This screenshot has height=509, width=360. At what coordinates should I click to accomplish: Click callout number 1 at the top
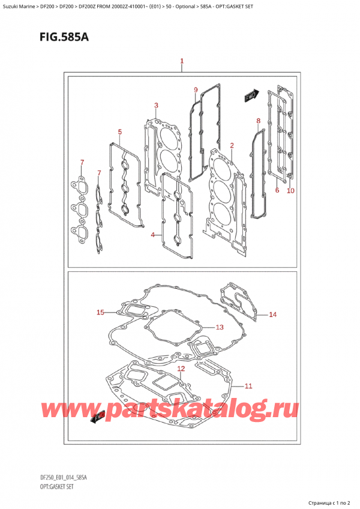(181, 61)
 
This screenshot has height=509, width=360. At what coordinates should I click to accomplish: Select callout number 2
(232, 145)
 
